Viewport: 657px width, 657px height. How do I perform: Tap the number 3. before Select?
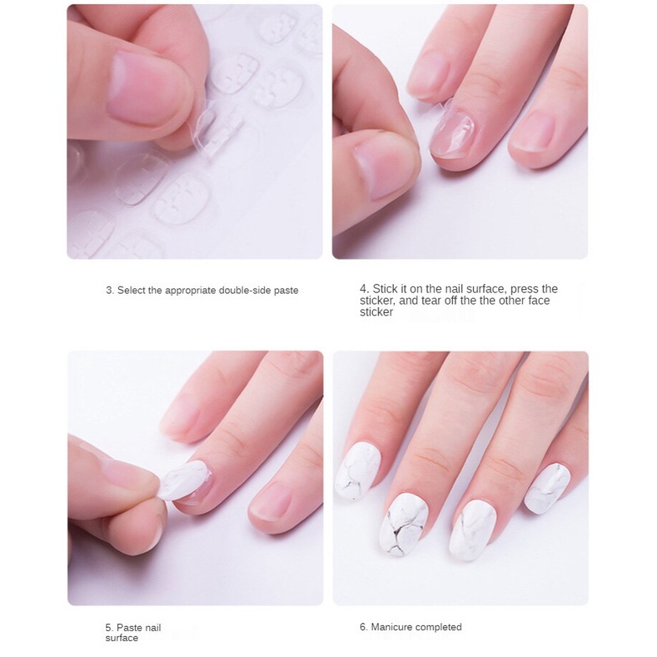(109, 291)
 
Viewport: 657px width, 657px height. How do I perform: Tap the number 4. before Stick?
(364, 289)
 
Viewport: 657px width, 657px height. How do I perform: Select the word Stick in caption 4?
(384, 289)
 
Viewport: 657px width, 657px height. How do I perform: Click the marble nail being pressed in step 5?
(186, 481)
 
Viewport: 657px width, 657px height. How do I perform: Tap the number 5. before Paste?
(109, 627)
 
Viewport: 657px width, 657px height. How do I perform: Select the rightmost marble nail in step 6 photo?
(547, 487)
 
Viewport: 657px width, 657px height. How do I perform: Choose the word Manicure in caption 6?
(391, 627)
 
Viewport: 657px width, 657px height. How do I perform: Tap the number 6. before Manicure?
(364, 627)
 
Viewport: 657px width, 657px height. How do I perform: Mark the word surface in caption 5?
(122, 638)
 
